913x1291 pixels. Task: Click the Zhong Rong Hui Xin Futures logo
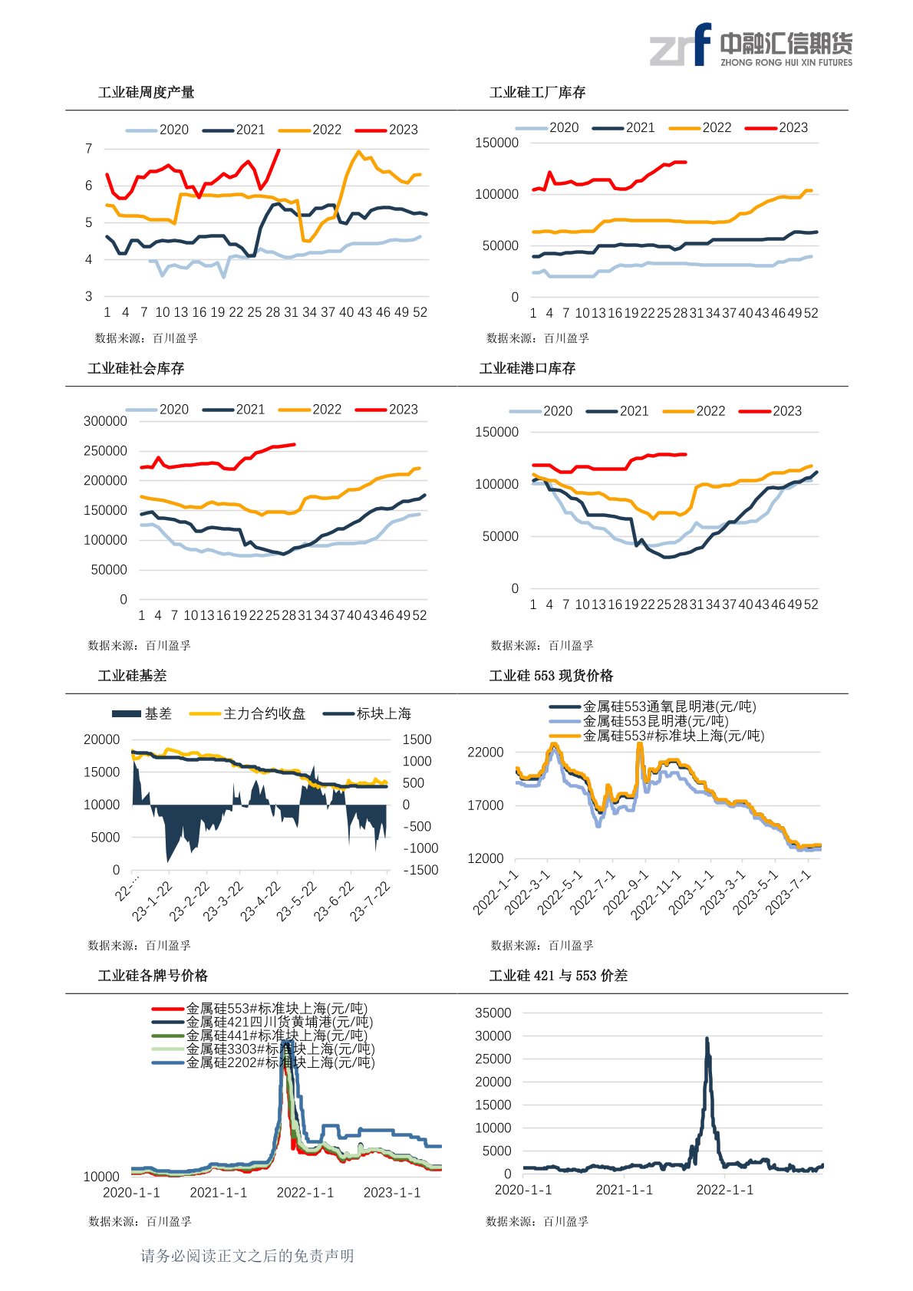[750, 45]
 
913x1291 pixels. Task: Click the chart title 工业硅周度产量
[146, 93]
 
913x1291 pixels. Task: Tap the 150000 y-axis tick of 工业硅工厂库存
[496, 143]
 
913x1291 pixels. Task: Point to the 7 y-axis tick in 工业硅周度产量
[89, 149]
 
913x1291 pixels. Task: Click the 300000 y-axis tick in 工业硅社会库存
[105, 421]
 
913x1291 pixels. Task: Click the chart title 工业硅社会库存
[136, 369]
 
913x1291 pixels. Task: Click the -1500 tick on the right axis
[420, 870]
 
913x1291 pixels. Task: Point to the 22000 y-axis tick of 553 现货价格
[486, 753]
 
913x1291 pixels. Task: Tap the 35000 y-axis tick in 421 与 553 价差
[493, 1013]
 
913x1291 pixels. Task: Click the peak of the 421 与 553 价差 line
[707, 1039]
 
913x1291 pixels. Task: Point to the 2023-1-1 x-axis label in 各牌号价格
[392, 1193]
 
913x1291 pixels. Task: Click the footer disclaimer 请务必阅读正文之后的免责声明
[247, 1256]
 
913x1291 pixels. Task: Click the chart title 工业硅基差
[132, 676]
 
